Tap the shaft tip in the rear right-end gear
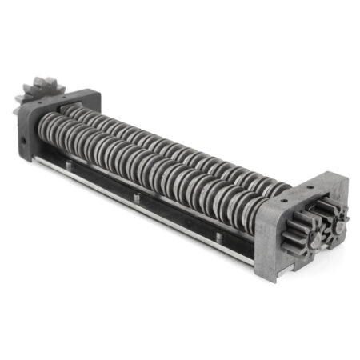tap(339, 226)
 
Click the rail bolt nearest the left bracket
tap(69, 166)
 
